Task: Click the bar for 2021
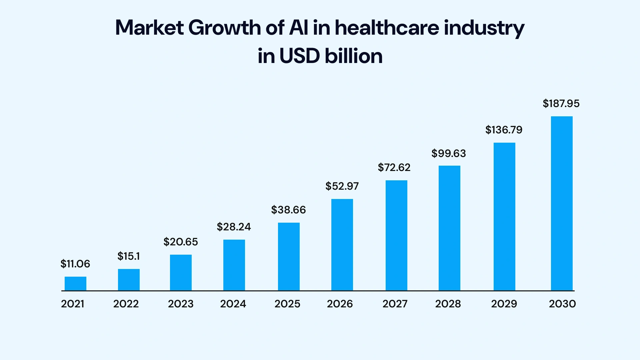(75, 284)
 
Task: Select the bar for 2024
(234, 265)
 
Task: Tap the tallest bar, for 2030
(562, 203)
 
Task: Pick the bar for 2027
(396, 235)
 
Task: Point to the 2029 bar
(504, 217)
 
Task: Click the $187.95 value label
(561, 104)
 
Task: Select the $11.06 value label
(75, 264)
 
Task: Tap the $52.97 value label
(342, 186)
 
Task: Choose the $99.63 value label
(449, 154)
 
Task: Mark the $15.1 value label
(129, 256)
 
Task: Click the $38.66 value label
(288, 210)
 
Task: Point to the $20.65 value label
(181, 242)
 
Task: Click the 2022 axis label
(126, 304)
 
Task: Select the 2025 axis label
(287, 304)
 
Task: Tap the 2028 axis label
(448, 304)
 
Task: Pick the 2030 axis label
(562, 304)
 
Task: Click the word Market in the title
(149, 28)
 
